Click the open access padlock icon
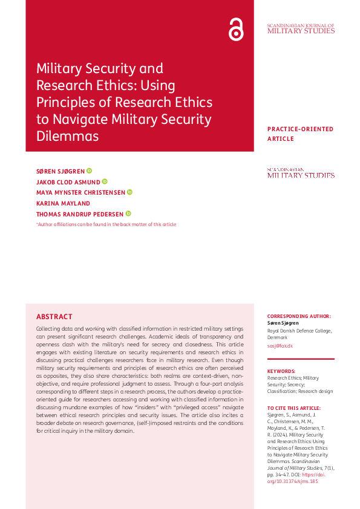tap(236, 29)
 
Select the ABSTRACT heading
tap(54, 317)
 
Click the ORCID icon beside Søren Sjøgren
tap(89, 171)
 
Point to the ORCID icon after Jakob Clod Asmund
tap(105, 181)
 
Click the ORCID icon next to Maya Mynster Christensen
tap(129, 192)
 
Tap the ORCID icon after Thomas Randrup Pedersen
tap(128, 213)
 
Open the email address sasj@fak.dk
tap(280, 345)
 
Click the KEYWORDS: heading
tap(281, 371)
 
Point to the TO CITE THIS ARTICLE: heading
tap(295, 408)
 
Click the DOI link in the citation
tap(293, 478)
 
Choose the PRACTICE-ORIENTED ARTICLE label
tap(300, 134)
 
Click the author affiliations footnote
tap(106, 224)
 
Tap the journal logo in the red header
tap(300, 28)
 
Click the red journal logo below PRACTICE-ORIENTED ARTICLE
tap(300, 173)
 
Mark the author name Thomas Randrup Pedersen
tap(80, 214)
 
